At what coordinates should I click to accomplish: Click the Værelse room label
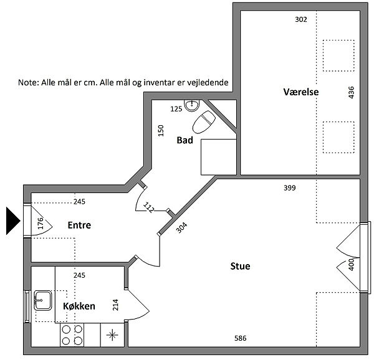[x=301, y=92]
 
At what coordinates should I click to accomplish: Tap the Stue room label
[x=240, y=266]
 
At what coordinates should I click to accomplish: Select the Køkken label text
[x=79, y=306]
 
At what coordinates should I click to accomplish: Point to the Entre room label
[x=79, y=225]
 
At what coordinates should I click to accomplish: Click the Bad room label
[x=185, y=140]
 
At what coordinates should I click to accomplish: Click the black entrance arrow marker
[x=12, y=221]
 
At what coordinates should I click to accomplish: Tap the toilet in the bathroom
[x=204, y=122]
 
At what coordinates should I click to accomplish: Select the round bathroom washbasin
[x=192, y=105]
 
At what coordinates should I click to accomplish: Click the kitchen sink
[x=42, y=300]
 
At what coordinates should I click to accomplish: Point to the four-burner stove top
[x=72, y=335]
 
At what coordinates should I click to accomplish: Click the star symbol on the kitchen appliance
[x=112, y=335]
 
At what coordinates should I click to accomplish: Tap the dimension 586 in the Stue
[x=240, y=338]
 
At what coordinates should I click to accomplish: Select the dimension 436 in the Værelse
[x=352, y=92]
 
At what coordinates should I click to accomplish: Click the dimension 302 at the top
[x=301, y=19]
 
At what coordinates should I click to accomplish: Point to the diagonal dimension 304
[x=182, y=227]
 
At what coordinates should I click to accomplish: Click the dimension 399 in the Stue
[x=290, y=188]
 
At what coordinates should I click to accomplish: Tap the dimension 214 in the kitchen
[x=115, y=305]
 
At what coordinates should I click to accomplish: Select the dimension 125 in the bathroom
[x=176, y=109]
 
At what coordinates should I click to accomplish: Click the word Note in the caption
[x=28, y=82]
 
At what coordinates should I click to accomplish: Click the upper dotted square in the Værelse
[x=338, y=55]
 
